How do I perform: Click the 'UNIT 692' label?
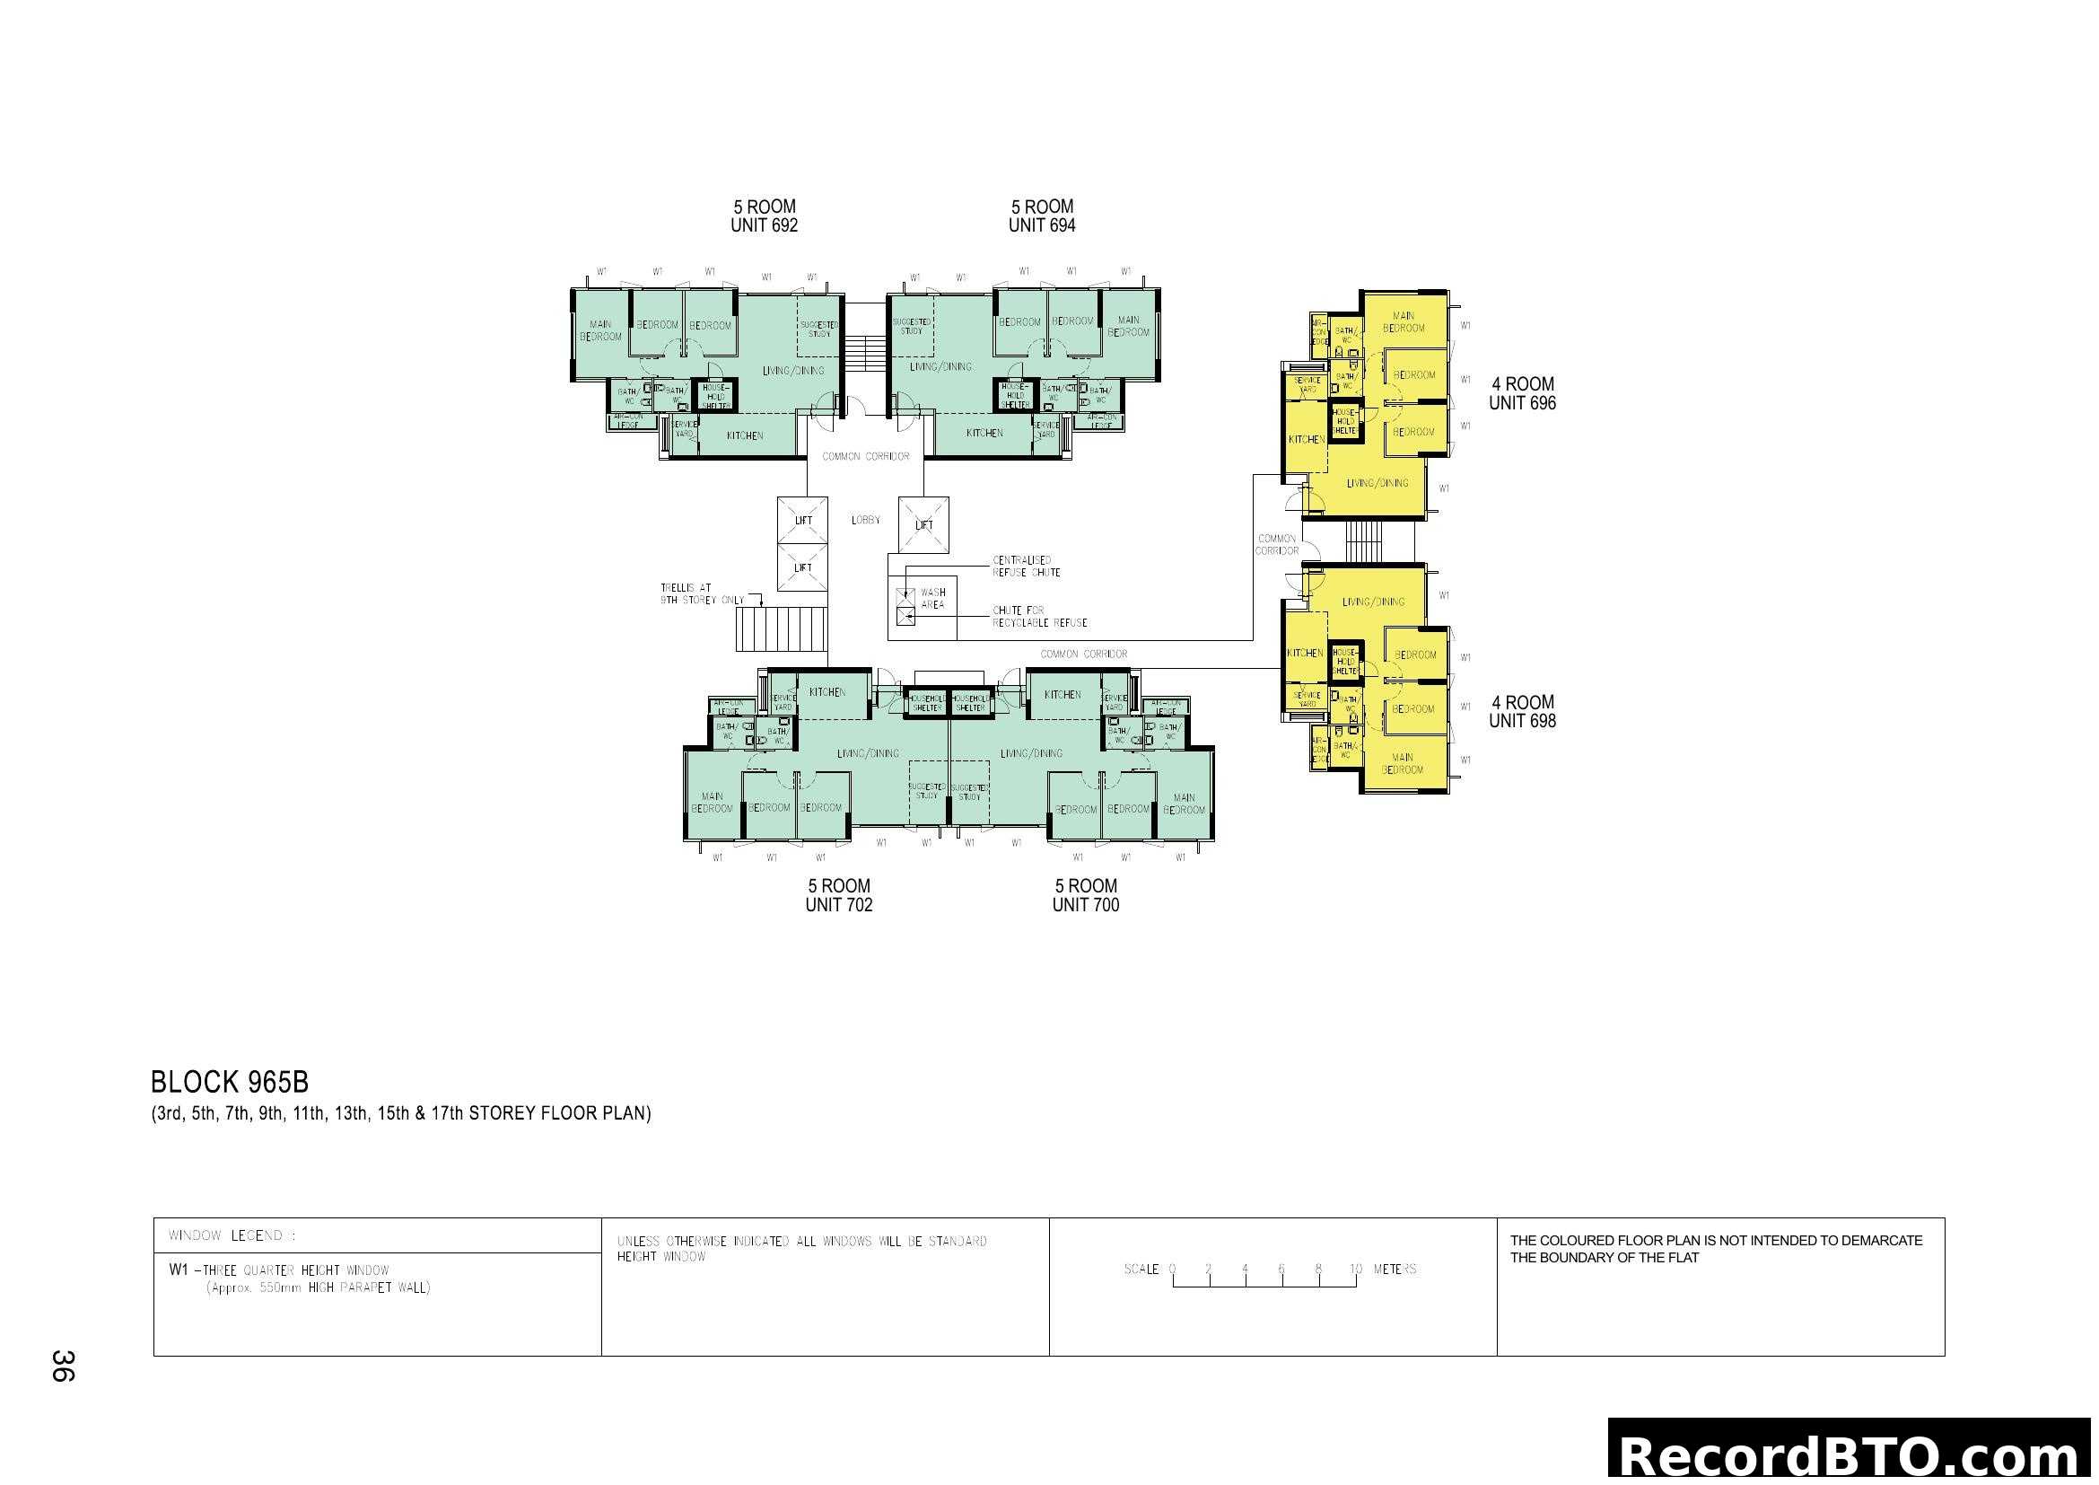[x=764, y=226]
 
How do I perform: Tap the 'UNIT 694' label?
[x=1041, y=226]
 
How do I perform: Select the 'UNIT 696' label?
[x=1522, y=403]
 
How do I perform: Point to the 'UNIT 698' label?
[x=1522, y=721]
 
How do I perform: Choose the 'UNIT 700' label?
[x=1085, y=905]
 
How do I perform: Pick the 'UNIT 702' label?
[x=838, y=905]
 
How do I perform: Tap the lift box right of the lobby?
[x=923, y=525]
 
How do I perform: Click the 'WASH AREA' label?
[x=932, y=599]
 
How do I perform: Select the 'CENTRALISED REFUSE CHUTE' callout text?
[x=1026, y=566]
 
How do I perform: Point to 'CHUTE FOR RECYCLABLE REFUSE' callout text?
[x=1039, y=616]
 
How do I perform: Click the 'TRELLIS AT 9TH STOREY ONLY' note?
[x=701, y=594]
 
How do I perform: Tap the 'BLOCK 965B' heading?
[x=230, y=1083]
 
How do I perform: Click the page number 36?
[x=63, y=1366]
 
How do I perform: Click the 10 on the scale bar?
[x=1355, y=1270]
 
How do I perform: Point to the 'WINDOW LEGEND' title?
[x=232, y=1236]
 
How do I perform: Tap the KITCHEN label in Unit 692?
[x=744, y=436]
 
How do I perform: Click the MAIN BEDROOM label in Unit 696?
[x=1404, y=322]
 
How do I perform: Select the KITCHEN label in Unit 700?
[x=1063, y=695]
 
